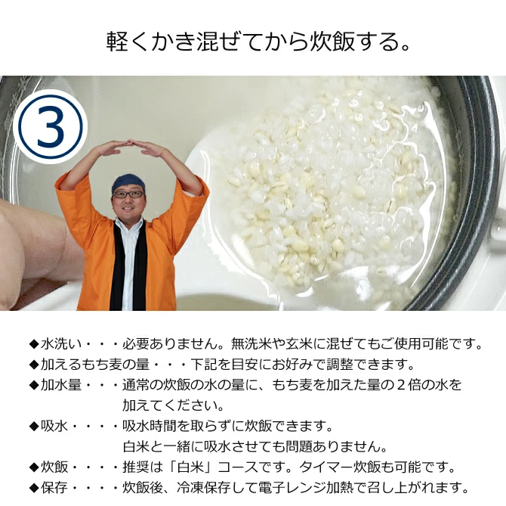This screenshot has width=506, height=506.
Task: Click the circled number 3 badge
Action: pos(50,127)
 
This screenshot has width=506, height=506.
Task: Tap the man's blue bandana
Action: pos(128,182)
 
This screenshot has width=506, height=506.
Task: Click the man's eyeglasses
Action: pos(128,194)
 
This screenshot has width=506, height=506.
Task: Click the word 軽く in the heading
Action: pos(123,42)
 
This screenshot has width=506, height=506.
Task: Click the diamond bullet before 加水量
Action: pos(33,385)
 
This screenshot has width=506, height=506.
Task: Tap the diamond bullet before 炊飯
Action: pos(33,467)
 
